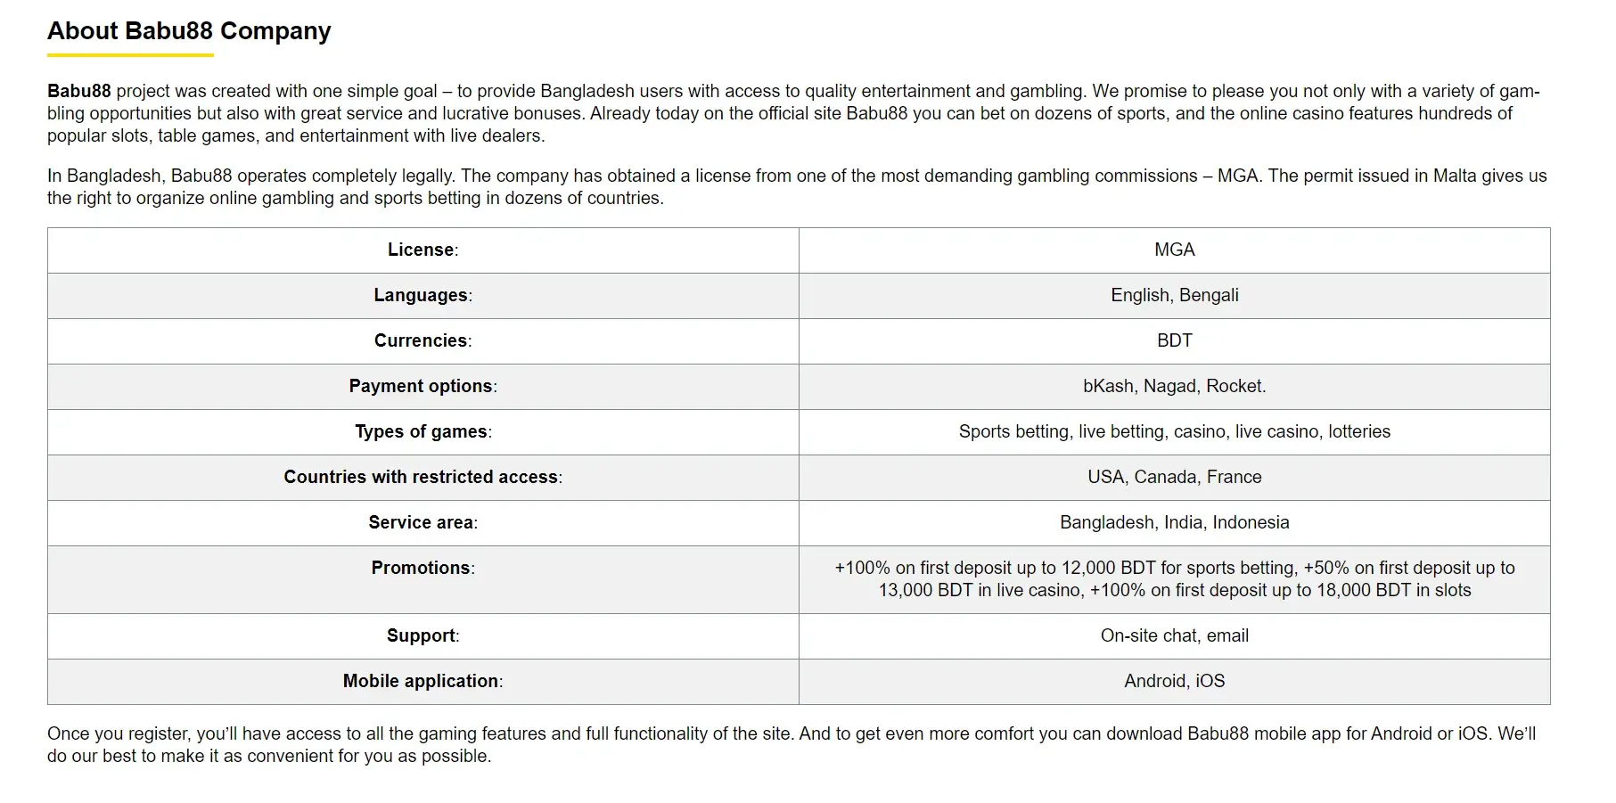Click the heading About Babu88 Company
point(189,31)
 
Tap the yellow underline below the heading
point(130,55)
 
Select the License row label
point(422,250)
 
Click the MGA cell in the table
point(1174,250)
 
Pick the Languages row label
point(422,296)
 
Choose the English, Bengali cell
point(1174,296)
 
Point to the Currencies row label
point(422,341)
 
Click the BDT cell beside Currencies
point(1174,341)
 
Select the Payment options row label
point(422,387)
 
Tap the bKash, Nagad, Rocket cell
point(1174,387)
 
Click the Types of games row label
point(422,432)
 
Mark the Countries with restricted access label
point(422,478)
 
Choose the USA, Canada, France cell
point(1174,478)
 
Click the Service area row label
point(422,523)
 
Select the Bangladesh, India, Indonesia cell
point(1174,523)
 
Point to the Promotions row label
point(422,569)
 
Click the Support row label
point(422,636)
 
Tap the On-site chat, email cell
point(1174,636)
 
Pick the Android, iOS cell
point(1174,682)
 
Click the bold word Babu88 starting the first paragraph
point(79,92)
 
